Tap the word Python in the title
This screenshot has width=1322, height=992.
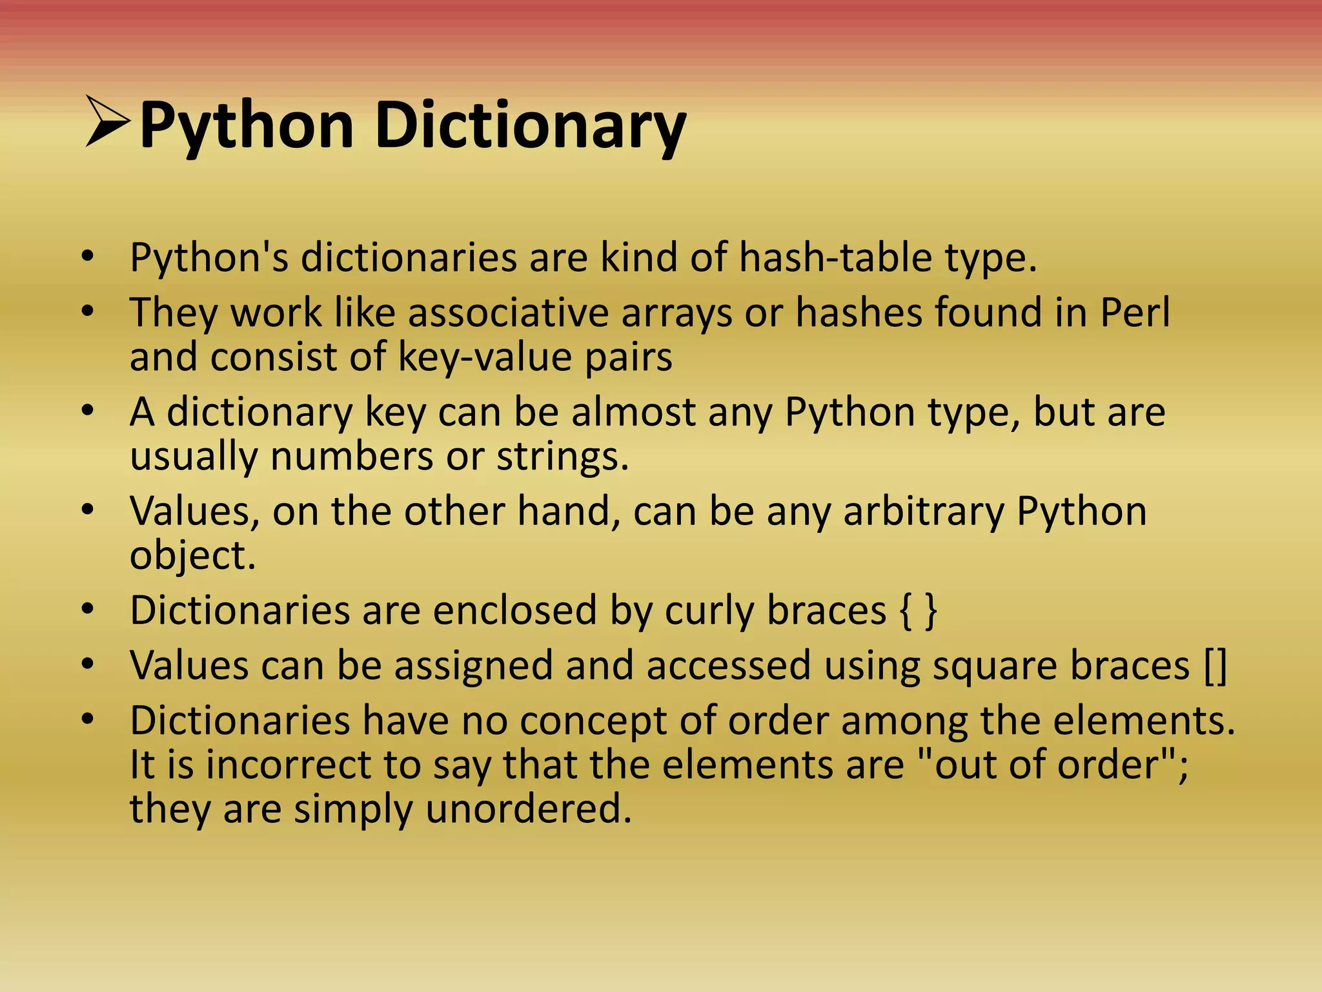click(x=247, y=125)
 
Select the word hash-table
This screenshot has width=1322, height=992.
click(x=835, y=257)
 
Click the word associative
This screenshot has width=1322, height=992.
click(x=508, y=313)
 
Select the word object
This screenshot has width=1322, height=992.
click(x=192, y=555)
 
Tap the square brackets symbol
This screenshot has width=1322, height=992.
click(x=1215, y=665)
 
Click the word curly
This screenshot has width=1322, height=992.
click(x=709, y=611)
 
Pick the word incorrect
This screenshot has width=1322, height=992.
click(x=288, y=765)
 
